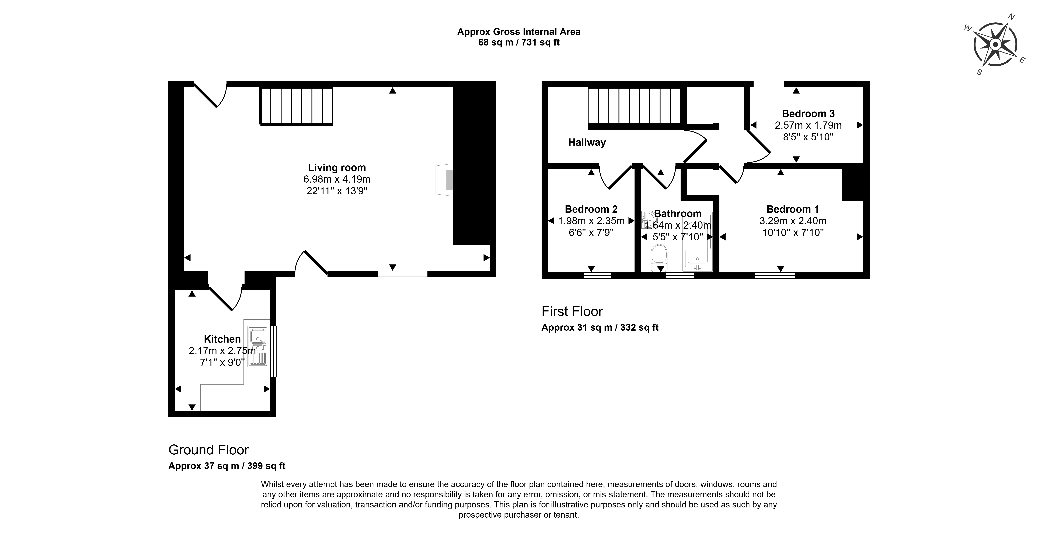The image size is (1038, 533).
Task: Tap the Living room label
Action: click(337, 168)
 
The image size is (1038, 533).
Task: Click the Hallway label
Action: click(587, 142)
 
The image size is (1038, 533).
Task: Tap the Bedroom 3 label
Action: click(808, 114)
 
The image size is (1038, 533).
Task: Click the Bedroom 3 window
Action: click(769, 84)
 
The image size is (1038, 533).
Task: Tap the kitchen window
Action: click(273, 351)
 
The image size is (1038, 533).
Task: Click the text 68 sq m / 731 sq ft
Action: click(519, 42)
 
